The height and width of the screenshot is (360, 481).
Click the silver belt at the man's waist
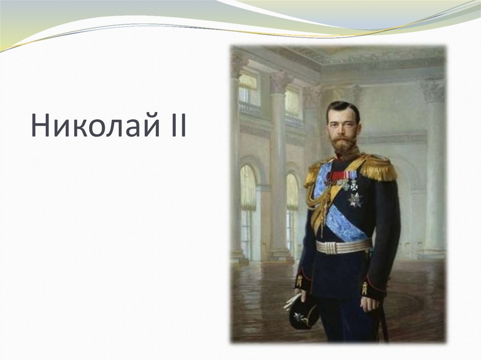[343, 246]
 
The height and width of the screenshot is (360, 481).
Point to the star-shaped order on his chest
[355, 199]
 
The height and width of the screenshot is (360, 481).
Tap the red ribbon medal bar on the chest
[337, 176]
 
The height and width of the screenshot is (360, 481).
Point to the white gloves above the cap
[291, 301]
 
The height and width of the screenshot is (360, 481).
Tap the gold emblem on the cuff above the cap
[299, 281]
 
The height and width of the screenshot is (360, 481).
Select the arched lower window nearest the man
[292, 211]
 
